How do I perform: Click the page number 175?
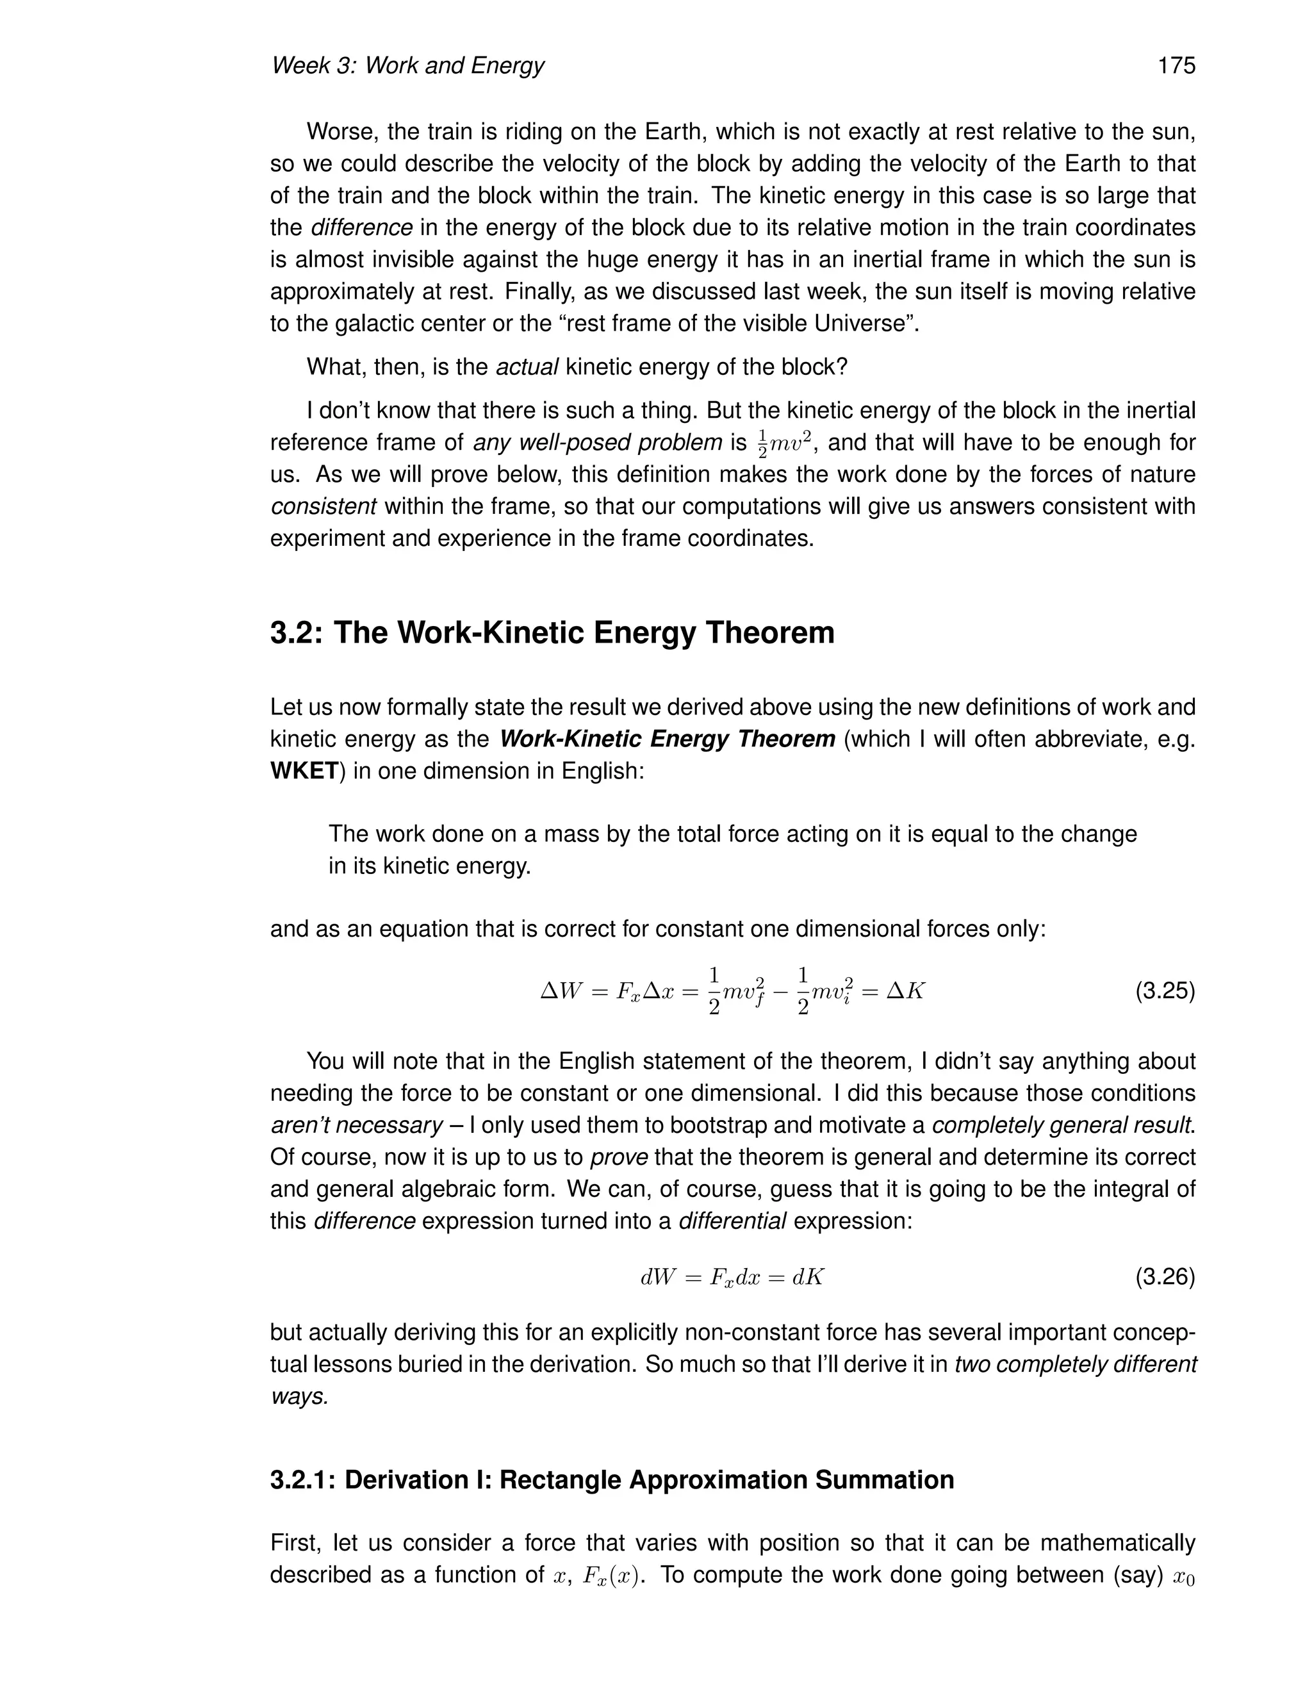1176,66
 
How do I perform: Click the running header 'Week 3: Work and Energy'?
407,66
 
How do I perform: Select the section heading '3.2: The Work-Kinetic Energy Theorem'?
552,633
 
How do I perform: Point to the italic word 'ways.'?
299,1397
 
